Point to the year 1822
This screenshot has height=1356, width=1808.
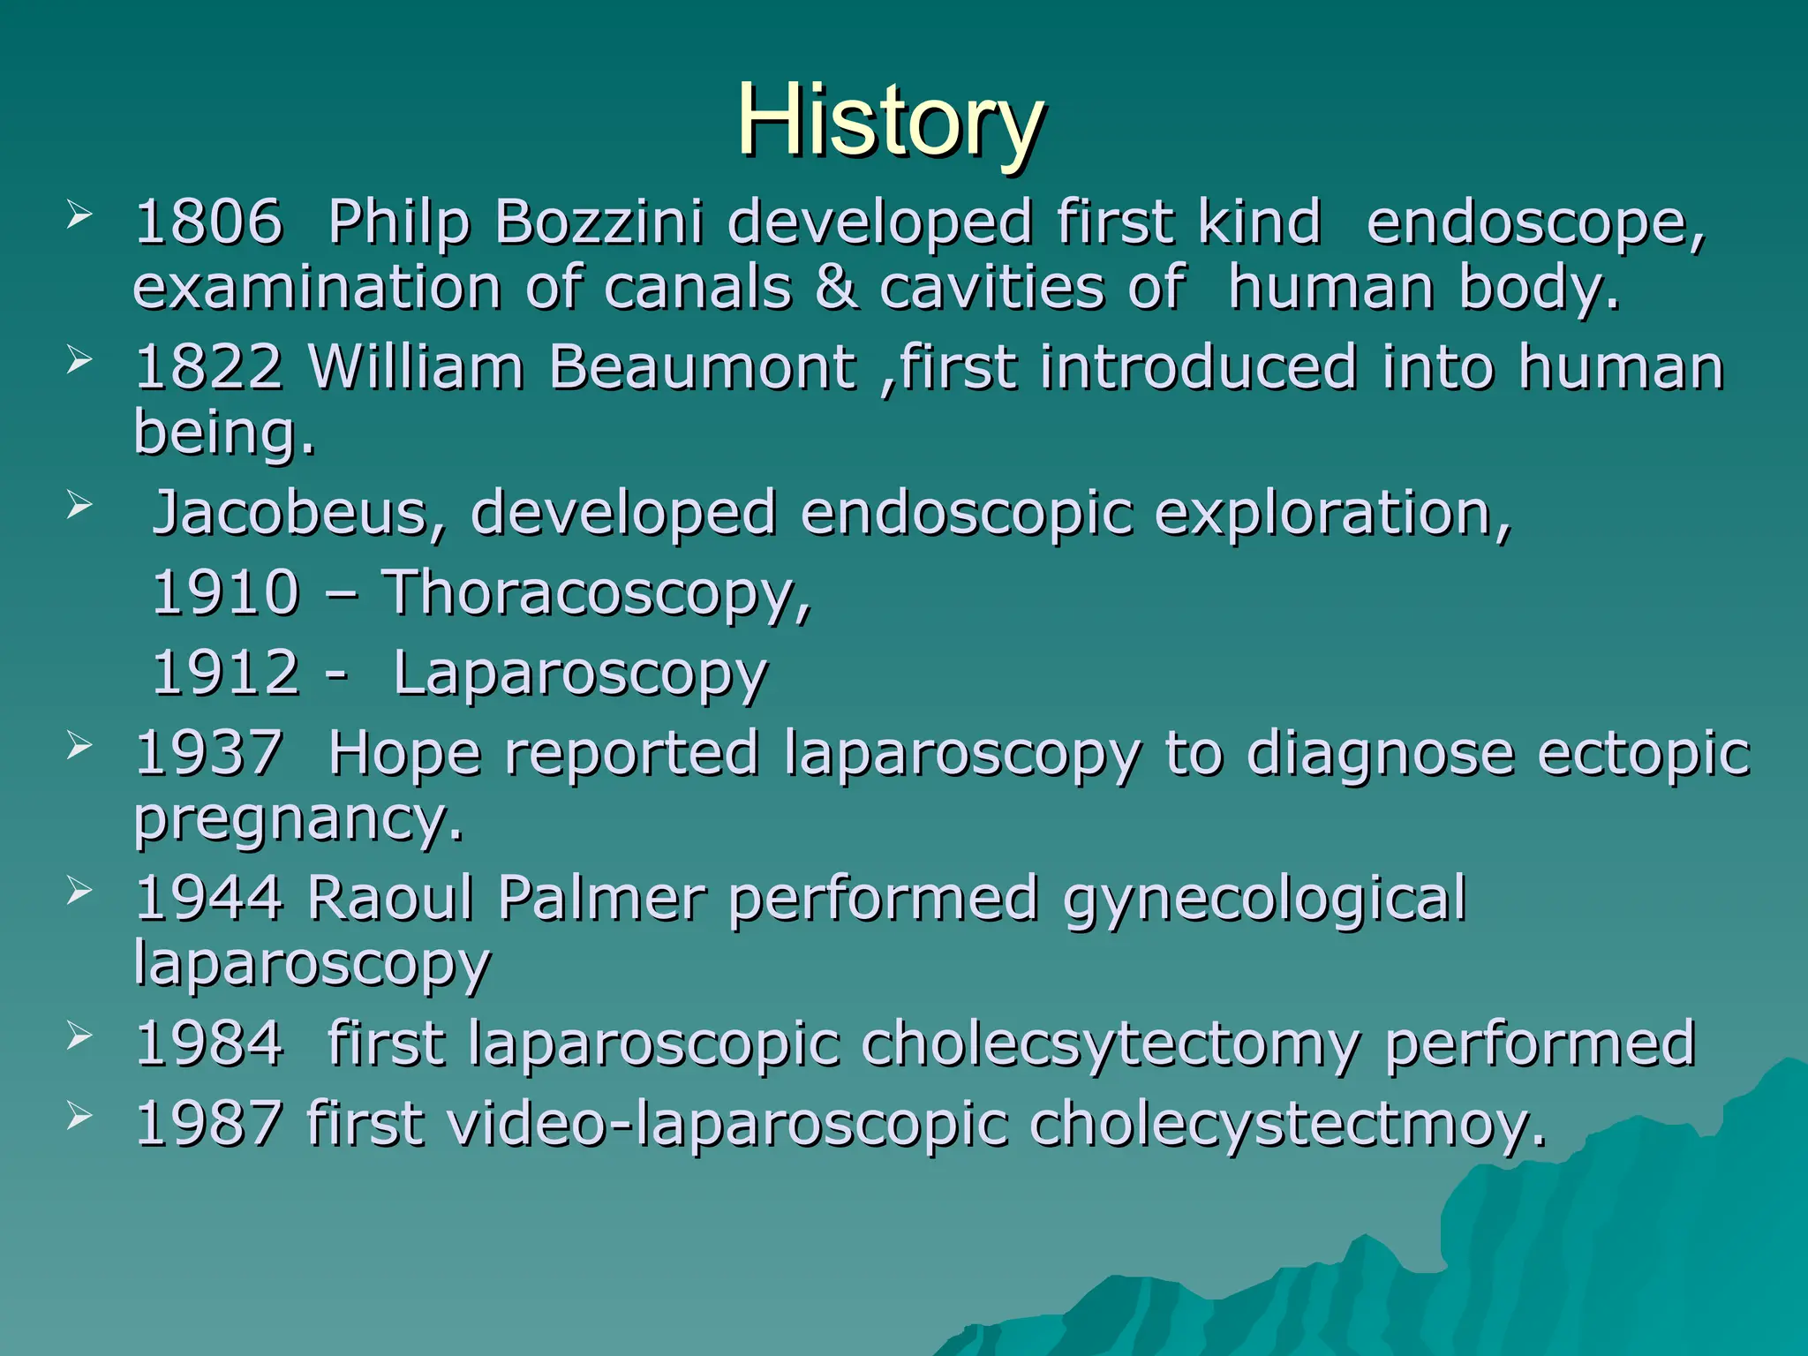209,366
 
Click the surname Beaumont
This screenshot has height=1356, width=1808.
702,366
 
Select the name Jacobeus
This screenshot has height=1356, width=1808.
298,513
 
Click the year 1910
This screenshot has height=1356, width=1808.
226,592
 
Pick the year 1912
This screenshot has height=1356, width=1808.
226,673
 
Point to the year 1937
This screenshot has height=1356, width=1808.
209,753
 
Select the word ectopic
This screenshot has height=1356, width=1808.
1643,755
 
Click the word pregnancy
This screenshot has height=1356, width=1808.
298,821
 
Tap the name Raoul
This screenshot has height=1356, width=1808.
390,899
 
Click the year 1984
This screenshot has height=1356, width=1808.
209,1043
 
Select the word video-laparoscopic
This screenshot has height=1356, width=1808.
727,1125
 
